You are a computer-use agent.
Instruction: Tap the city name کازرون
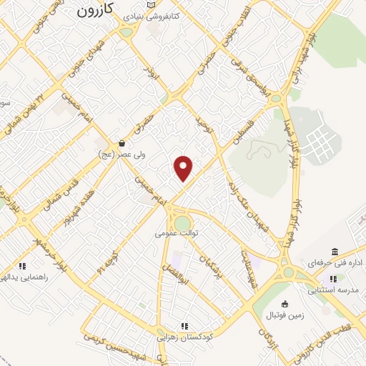95,11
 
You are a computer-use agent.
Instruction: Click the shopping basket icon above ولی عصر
122,142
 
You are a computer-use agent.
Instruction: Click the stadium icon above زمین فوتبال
285,304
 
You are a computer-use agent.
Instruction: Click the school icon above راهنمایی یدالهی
22,266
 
